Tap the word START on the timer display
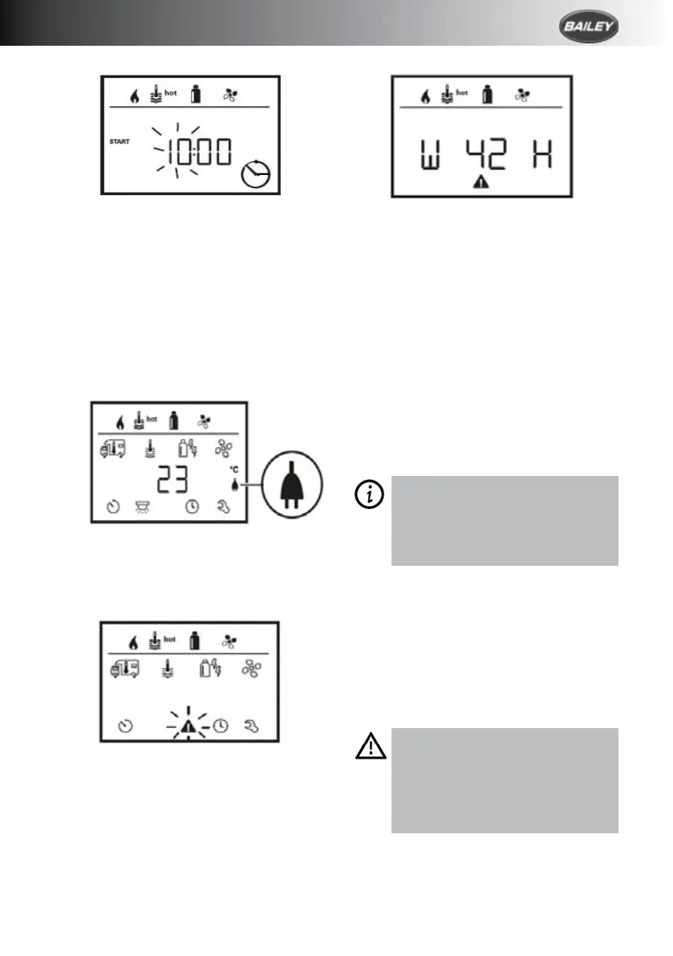[120, 141]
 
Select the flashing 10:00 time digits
[193, 150]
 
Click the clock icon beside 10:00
[256, 171]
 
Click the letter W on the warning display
[424, 154]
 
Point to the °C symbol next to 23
[234, 470]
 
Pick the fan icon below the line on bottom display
[253, 669]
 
